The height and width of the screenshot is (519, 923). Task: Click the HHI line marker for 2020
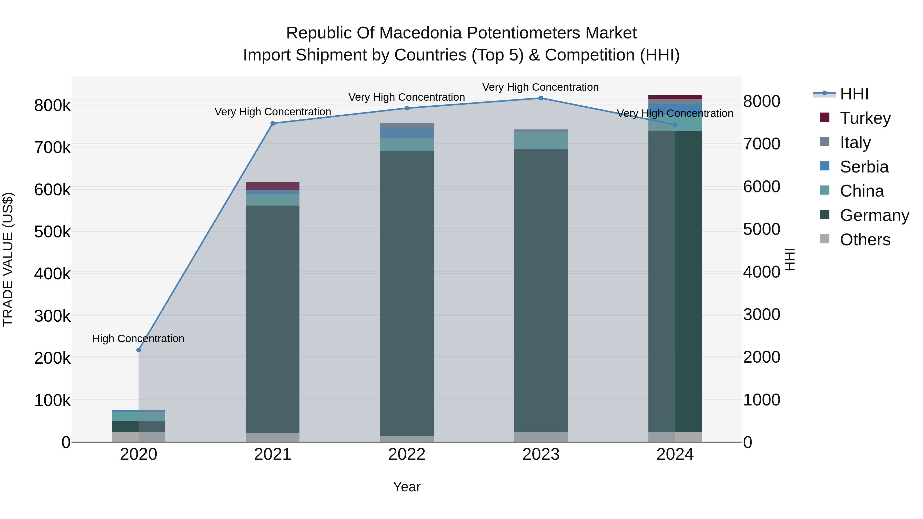point(139,350)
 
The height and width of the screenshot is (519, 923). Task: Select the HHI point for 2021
point(273,123)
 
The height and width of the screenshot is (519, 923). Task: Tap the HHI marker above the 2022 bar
point(407,108)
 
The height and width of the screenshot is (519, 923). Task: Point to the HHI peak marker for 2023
point(541,98)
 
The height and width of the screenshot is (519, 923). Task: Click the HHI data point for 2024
point(675,125)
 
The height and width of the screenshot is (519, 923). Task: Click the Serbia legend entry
point(864,167)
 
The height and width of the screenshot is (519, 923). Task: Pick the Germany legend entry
point(874,215)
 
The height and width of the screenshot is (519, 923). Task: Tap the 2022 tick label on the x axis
point(407,454)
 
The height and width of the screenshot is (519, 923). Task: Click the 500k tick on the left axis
point(52,232)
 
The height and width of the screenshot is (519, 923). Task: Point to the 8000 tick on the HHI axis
point(761,101)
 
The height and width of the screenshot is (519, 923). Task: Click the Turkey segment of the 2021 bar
point(273,186)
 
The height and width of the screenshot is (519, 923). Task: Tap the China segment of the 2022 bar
point(407,144)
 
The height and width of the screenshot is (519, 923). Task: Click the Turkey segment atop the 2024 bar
point(675,97)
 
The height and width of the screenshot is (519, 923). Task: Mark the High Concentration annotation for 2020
point(138,339)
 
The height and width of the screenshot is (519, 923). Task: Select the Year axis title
point(407,487)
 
